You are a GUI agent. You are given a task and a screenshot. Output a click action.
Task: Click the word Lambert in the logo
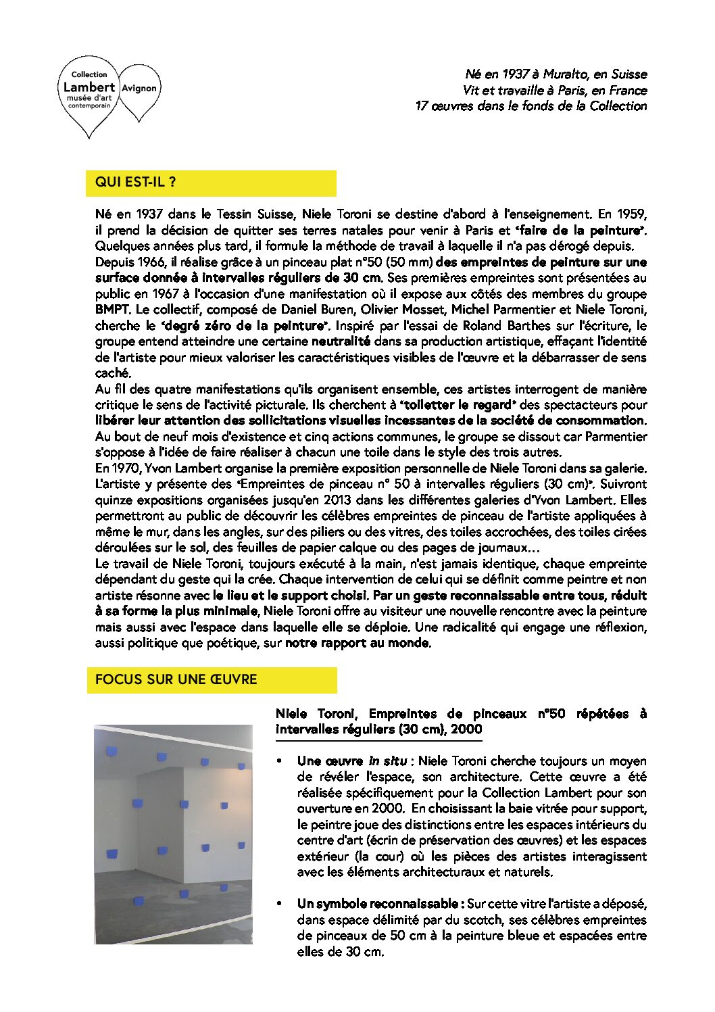click(x=89, y=87)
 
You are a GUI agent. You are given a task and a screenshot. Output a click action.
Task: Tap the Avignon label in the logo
click(x=139, y=88)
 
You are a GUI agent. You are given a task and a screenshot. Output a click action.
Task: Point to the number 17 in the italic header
click(x=422, y=106)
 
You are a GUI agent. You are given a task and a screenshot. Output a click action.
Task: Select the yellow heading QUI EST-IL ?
click(x=135, y=182)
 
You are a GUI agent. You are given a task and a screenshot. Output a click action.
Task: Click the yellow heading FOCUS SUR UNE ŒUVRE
click(x=176, y=679)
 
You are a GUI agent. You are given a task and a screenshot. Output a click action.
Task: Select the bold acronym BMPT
click(x=112, y=310)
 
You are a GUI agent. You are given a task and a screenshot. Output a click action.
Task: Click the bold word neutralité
click(x=340, y=341)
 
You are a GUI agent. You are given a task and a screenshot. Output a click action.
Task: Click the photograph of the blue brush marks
click(x=173, y=834)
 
